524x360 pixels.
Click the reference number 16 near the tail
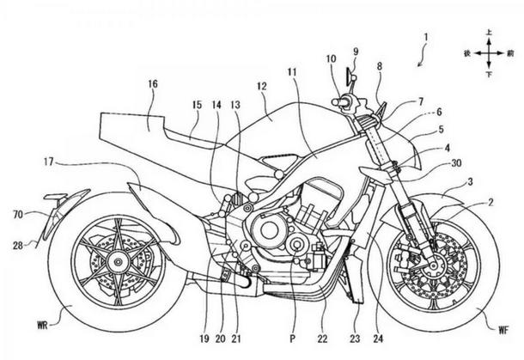coord(153,83)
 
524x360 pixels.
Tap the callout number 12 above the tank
coord(262,86)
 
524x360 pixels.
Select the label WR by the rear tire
coord(42,326)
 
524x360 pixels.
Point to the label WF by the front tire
coord(503,331)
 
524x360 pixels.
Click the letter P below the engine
coord(293,339)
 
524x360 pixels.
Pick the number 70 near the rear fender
coord(18,214)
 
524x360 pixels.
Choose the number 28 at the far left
coord(18,246)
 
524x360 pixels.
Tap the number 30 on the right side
coord(456,163)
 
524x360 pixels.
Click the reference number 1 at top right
coord(426,38)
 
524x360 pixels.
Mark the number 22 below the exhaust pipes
coord(322,339)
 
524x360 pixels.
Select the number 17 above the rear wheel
coord(48,162)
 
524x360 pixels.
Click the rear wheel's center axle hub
coord(118,262)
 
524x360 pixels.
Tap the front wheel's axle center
coord(434,265)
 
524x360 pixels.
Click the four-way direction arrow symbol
coord(489,52)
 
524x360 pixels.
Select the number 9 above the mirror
coord(356,52)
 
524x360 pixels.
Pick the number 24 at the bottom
coord(378,339)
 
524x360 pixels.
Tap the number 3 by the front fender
coord(471,182)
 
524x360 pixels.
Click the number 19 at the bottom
coord(204,339)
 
